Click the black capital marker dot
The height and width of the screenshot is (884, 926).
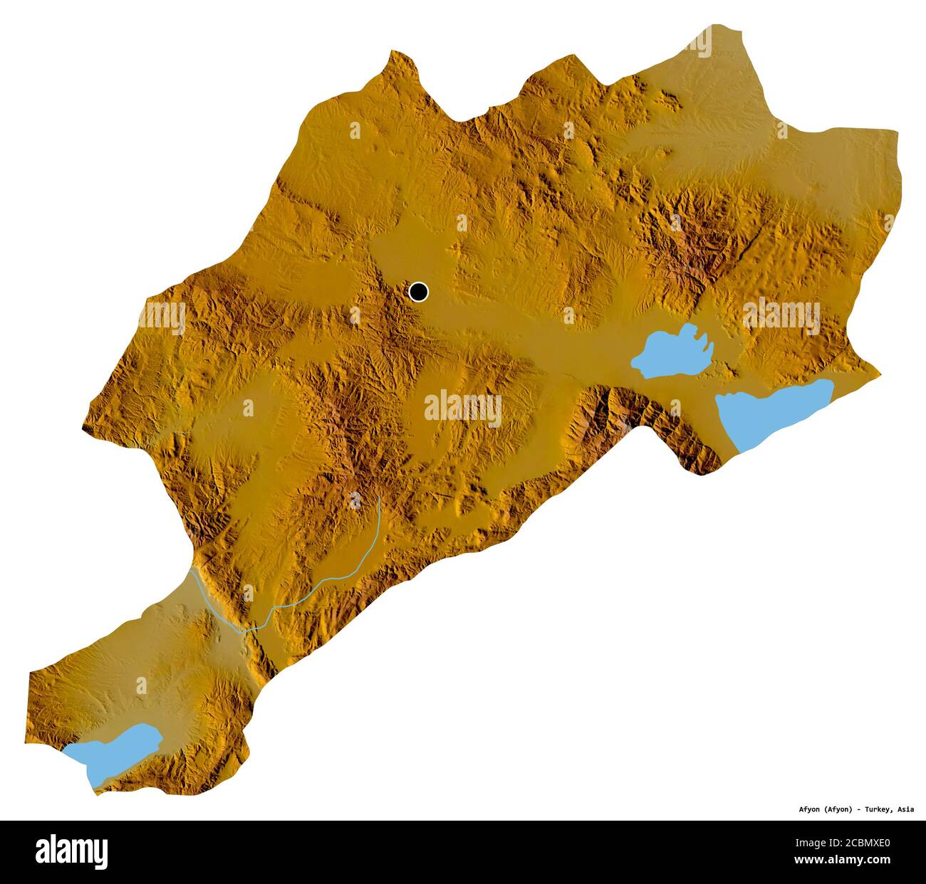419,291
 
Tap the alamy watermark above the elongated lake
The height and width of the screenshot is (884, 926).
781,314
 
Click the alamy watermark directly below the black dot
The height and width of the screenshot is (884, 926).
463,408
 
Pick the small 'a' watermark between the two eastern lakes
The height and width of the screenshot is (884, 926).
675,407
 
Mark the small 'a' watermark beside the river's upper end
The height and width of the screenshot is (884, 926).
354,501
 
